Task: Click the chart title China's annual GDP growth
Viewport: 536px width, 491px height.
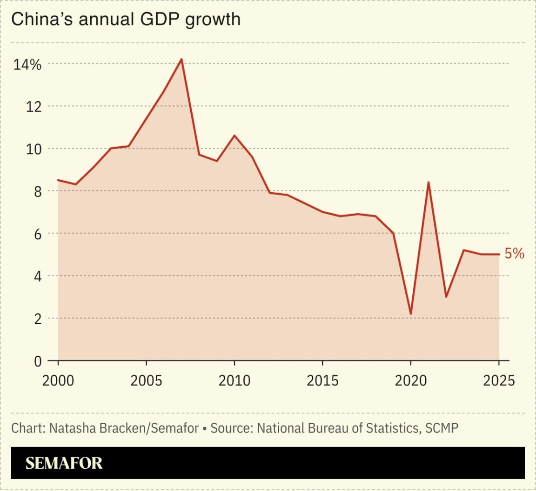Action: click(126, 20)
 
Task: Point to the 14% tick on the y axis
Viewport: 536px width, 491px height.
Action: click(27, 65)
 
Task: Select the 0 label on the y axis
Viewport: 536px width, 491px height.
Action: click(38, 361)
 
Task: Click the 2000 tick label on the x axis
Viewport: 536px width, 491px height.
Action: click(58, 380)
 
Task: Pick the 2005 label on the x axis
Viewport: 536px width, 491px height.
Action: click(146, 380)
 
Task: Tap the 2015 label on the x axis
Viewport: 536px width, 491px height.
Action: click(322, 380)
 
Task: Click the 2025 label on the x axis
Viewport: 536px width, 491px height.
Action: click(499, 380)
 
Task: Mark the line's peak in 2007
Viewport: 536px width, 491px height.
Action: click(181, 59)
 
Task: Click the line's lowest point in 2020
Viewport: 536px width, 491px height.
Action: click(411, 314)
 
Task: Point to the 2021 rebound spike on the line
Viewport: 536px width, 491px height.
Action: click(428, 182)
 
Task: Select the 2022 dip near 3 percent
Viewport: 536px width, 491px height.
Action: click(446, 297)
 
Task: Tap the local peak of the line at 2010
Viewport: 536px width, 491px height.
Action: click(234, 136)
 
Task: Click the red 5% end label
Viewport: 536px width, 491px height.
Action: click(515, 254)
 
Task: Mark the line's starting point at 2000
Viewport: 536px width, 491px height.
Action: click(58, 180)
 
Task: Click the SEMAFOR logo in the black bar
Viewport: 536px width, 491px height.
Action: click(64, 463)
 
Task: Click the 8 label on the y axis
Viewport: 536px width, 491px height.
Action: click(38, 192)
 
